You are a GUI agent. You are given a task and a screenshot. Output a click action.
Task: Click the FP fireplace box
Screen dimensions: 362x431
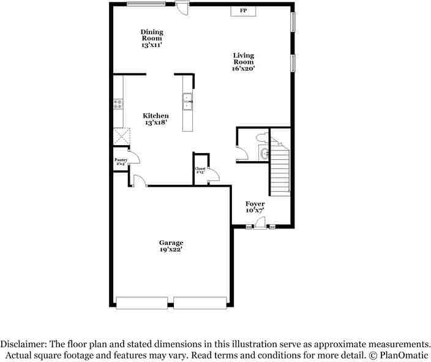point(243,11)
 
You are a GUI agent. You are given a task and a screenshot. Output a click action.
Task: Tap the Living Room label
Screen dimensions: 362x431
point(243,62)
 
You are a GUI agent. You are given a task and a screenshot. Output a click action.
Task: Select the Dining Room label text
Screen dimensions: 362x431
point(151,38)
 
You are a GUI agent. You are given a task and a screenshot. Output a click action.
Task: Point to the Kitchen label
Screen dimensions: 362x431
point(156,119)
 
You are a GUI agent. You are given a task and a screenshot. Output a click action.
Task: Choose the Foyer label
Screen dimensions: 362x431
point(255,206)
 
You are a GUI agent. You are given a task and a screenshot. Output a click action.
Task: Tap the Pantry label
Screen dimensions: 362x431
point(121,162)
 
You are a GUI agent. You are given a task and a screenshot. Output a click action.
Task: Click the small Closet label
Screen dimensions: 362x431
point(200,171)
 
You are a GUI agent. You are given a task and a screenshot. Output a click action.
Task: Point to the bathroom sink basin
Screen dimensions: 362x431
point(263,154)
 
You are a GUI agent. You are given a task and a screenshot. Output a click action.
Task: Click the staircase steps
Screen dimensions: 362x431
point(279,169)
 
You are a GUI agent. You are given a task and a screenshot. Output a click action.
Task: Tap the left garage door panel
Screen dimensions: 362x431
point(141,302)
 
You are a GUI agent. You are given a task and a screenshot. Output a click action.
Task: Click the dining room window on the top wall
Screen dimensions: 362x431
point(145,5)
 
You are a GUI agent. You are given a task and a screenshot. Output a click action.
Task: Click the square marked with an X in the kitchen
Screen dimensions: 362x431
point(121,136)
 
